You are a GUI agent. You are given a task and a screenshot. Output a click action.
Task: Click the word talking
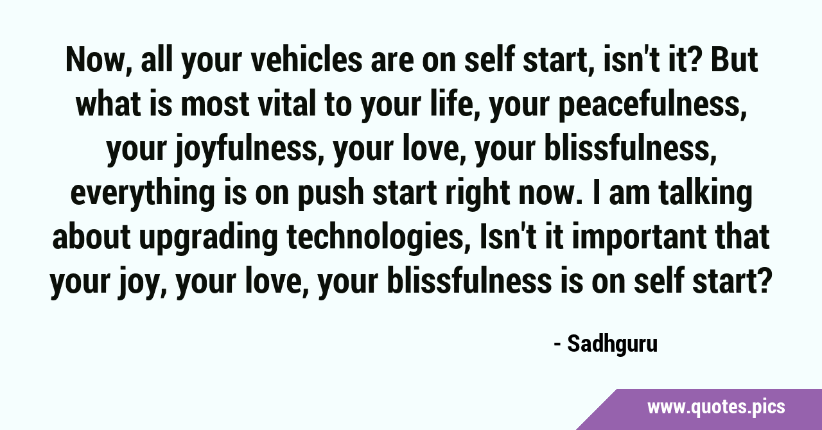click(705, 195)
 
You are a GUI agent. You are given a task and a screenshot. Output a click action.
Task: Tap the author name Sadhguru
click(613, 345)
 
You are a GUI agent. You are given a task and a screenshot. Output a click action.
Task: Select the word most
click(215, 104)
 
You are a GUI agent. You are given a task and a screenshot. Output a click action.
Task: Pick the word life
click(455, 104)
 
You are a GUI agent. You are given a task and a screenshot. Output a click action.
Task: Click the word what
click(109, 104)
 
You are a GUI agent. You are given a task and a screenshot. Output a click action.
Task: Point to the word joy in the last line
click(141, 283)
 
